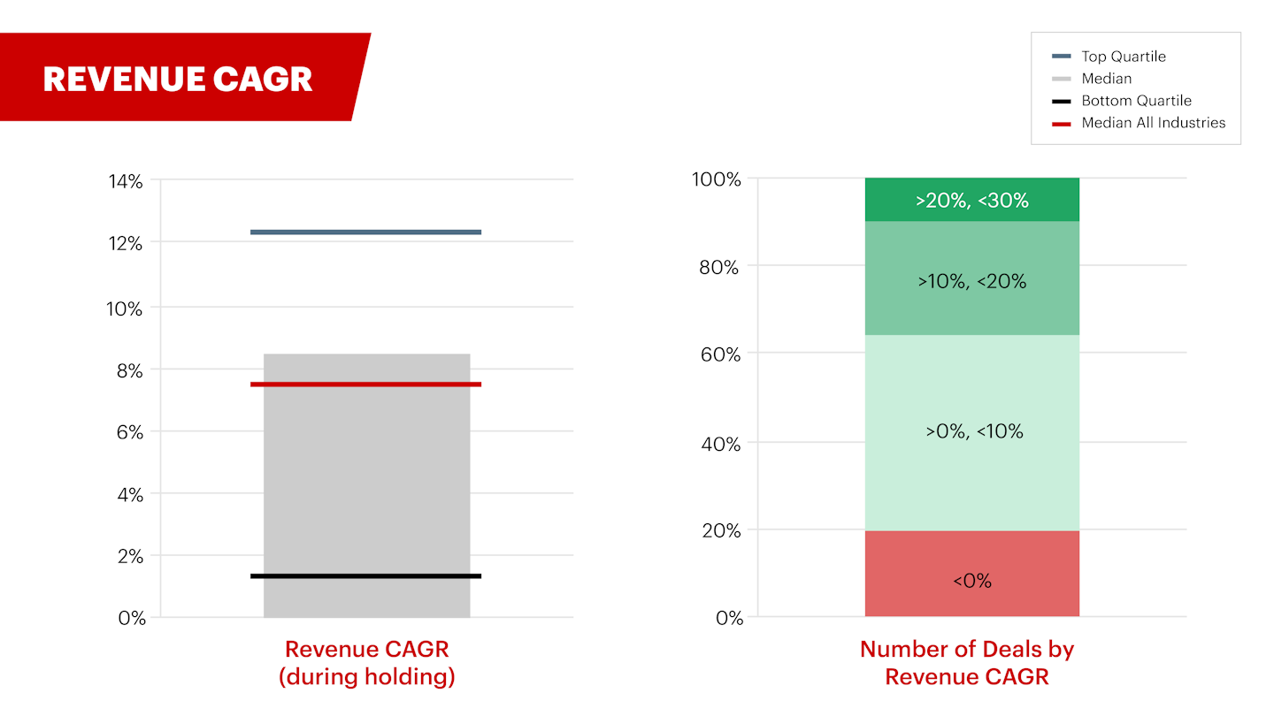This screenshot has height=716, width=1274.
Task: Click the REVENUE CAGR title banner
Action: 178,79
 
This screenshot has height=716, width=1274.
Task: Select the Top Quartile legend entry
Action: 1123,57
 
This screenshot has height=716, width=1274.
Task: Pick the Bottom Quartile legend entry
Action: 1136,101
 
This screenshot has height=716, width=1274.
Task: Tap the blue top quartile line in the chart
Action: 365,232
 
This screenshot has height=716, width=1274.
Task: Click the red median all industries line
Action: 365,385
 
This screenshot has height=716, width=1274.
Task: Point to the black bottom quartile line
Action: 365,576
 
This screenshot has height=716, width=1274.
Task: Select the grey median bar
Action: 366,486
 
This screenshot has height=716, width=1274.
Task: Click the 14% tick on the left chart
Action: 125,181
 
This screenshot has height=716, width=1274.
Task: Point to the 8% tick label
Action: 129,370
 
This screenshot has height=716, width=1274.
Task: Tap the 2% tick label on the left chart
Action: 129,556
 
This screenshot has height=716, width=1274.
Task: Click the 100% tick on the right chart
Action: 715,179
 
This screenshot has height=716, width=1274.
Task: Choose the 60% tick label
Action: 718,354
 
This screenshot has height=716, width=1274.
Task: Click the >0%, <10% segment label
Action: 974,431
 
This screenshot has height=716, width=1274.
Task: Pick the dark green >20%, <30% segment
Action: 971,200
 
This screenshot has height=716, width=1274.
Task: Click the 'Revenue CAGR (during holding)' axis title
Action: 366,663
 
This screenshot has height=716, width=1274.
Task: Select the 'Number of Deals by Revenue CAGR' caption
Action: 966,663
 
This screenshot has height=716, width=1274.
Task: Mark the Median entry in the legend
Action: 1106,79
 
